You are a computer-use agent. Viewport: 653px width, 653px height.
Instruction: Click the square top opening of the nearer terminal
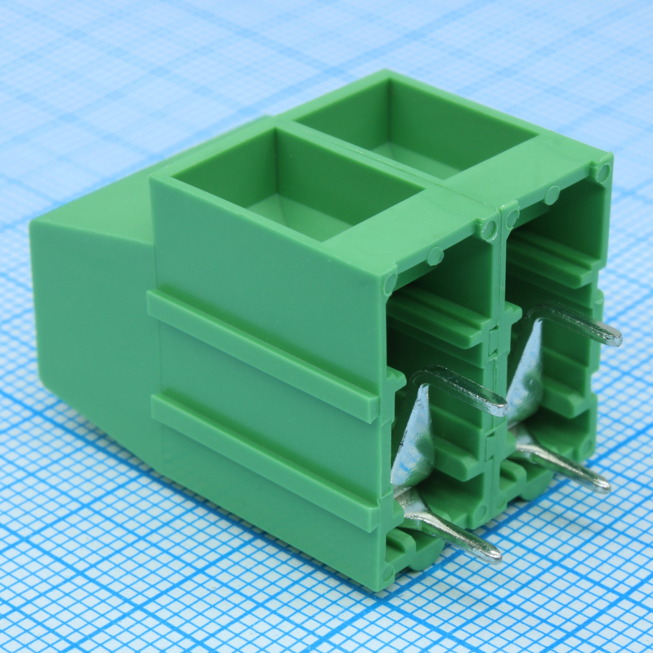297,189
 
